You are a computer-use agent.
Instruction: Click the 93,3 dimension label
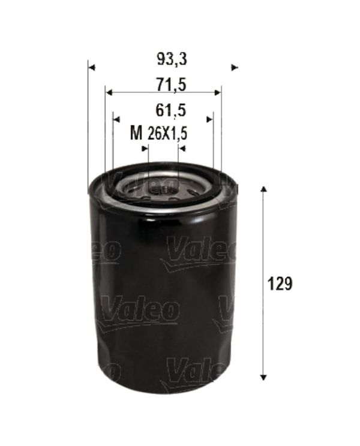(x=172, y=60)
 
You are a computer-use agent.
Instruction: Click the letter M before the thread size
(x=136, y=134)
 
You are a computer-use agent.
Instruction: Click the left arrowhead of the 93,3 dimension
(x=91, y=68)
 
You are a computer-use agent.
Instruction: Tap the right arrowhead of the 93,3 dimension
(x=235, y=68)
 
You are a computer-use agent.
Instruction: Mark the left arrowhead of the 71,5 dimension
(x=109, y=92)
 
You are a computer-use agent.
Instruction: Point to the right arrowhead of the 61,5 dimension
(x=210, y=119)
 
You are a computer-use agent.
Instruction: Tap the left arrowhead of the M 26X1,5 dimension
(x=144, y=148)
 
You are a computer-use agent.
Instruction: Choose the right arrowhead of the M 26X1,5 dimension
(x=182, y=148)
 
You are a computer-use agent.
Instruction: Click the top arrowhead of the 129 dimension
(x=263, y=189)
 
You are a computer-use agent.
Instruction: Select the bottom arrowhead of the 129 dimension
(x=263, y=376)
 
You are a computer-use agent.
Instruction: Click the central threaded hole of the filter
(x=162, y=191)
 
